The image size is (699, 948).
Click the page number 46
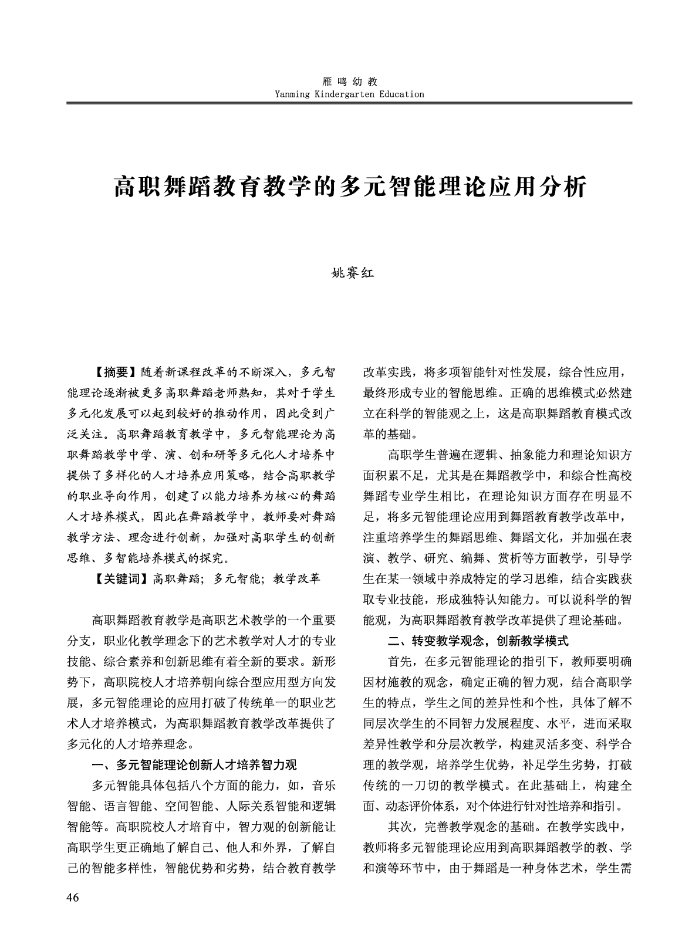pos(73,898)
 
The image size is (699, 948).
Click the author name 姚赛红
pos(349,273)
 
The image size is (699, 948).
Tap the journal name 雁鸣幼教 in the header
pos(349,82)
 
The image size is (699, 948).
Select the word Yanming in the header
pos(291,94)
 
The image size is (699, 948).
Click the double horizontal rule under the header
pos(349,103)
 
